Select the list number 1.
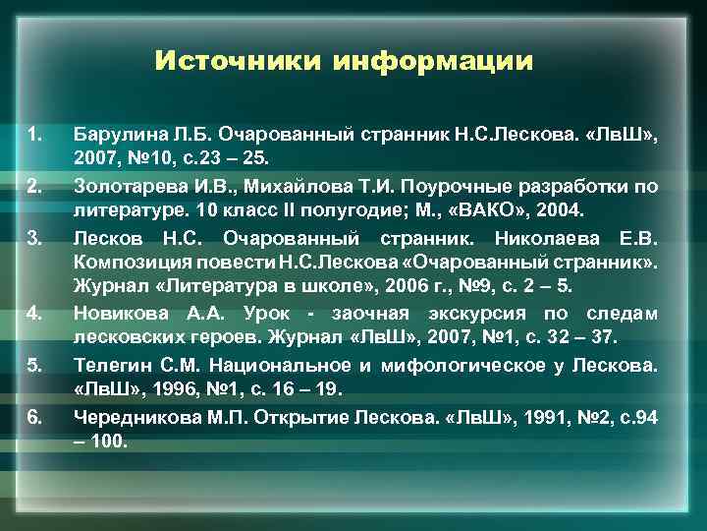coord(34,133)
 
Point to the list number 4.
coord(34,314)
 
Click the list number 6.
coord(34,416)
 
